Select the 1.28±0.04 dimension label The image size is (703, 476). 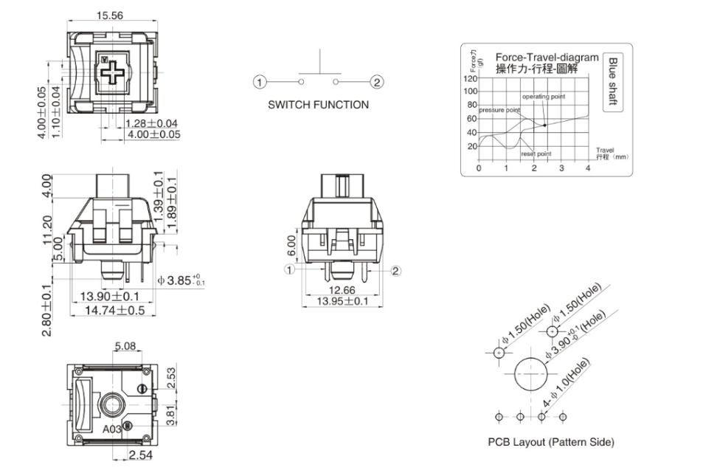[151, 123]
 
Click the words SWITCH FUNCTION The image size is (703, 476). [318, 105]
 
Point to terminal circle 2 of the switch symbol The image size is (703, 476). [376, 82]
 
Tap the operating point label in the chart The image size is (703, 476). [544, 97]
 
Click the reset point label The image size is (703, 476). [536, 154]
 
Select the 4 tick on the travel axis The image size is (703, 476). [588, 169]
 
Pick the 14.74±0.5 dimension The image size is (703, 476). [112, 311]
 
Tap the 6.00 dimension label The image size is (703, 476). [292, 246]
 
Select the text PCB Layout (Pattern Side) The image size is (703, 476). [550, 442]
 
